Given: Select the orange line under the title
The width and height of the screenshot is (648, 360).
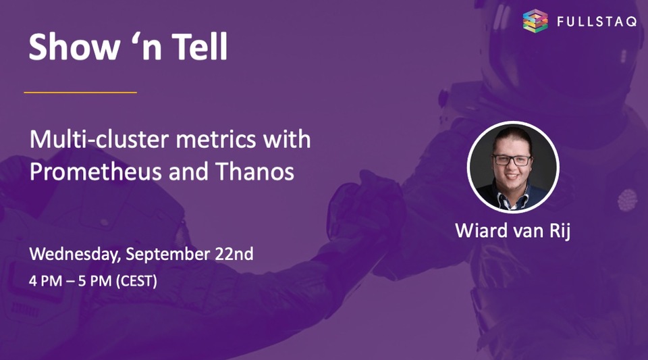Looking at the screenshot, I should pyautogui.click(x=80, y=92).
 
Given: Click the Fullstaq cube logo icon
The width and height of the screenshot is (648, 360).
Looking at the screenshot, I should pyautogui.click(x=535, y=21).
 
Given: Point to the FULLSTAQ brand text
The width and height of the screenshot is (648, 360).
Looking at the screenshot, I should pyautogui.click(x=597, y=22).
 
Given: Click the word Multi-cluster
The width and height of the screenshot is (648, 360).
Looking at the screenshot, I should pyautogui.click(x=90, y=140).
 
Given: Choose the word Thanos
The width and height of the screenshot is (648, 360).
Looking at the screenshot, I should pyautogui.click(x=254, y=172).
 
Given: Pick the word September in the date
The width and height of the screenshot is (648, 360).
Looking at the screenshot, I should pyautogui.click(x=161, y=255).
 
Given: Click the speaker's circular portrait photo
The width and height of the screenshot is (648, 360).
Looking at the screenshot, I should pyautogui.click(x=513, y=167).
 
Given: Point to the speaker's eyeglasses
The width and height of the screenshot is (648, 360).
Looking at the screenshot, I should pyautogui.click(x=512, y=160).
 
